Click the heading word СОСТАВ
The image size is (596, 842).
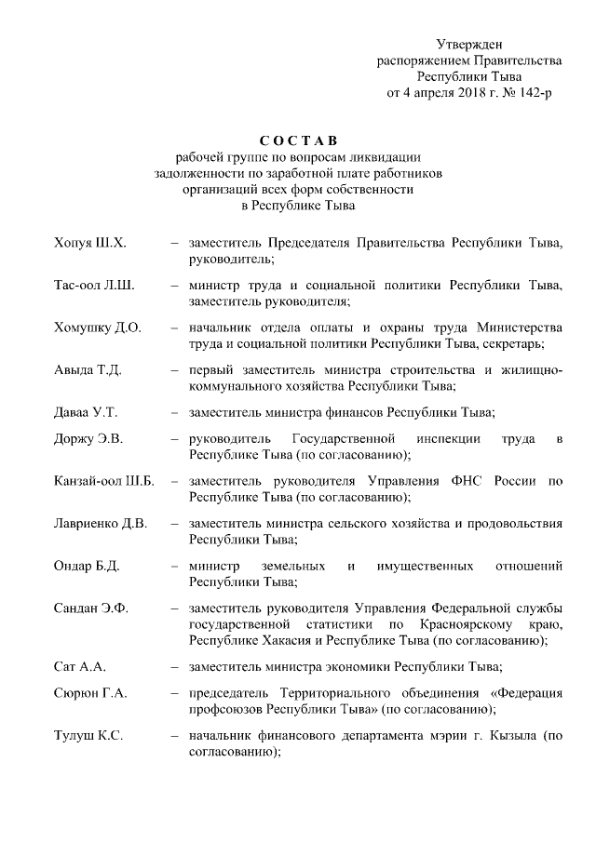pos(295,140)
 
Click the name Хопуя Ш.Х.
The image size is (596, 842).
pos(89,243)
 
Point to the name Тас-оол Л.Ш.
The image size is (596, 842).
pos(94,285)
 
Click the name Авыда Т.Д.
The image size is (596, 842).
pos(88,369)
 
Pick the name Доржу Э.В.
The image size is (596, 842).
pos(88,438)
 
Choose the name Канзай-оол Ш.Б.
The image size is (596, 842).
pos(103,481)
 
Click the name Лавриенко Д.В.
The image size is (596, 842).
pos(101,523)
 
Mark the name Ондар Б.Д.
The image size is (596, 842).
pos(87,566)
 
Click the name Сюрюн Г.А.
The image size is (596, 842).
pos(90,693)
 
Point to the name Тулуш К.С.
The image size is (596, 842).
pos(88,736)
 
